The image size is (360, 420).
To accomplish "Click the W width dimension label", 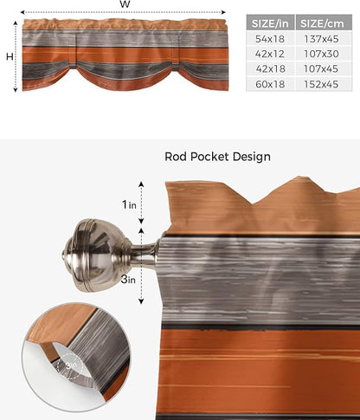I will (x=125, y=5).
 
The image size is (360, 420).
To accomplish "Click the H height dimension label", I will (x=8, y=56).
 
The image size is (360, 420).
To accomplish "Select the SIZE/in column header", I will (x=269, y=23).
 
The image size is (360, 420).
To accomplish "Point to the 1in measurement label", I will (x=129, y=204).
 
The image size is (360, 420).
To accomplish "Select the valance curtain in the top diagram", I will (x=125, y=54).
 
